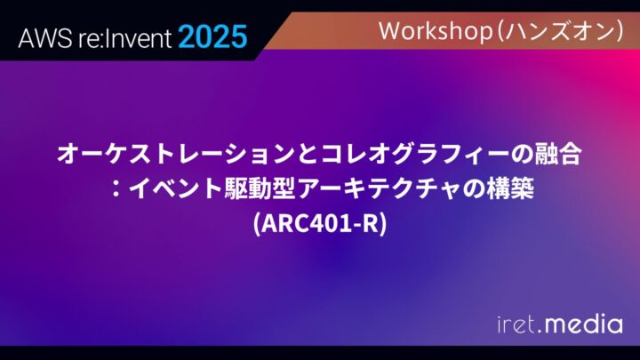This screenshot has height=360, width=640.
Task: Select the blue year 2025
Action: (x=212, y=36)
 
